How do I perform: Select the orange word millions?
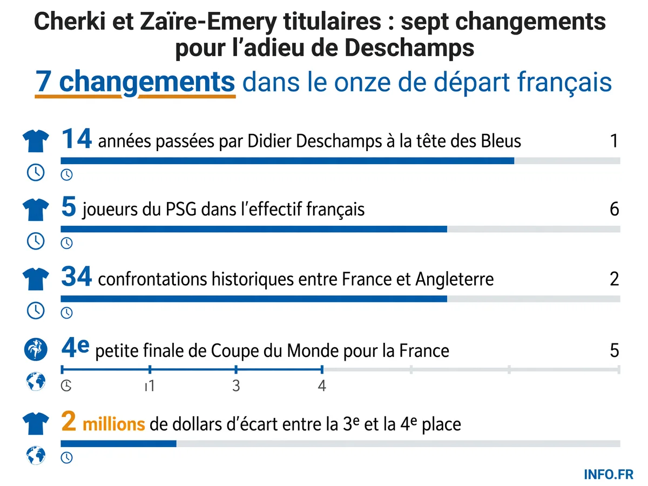pyautogui.click(x=113, y=424)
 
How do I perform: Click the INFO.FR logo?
pyautogui.click(x=609, y=475)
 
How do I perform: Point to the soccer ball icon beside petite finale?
pyautogui.click(x=36, y=349)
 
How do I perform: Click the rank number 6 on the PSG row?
pyautogui.click(x=615, y=209)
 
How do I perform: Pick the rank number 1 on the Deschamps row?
pyautogui.click(x=615, y=141)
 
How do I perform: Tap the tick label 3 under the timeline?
pyautogui.click(x=236, y=386)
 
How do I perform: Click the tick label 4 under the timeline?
pyautogui.click(x=322, y=386)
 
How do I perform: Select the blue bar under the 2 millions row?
pyautogui.click(x=119, y=444)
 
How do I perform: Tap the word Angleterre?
pyautogui.click(x=454, y=279)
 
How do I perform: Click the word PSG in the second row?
pyautogui.click(x=181, y=209)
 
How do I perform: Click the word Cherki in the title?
pyautogui.click(x=70, y=21)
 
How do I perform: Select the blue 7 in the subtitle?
pyautogui.click(x=42, y=82)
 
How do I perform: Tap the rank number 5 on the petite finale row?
pyautogui.click(x=615, y=350)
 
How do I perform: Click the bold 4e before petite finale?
pyautogui.click(x=75, y=348)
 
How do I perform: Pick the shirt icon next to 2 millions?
pyautogui.click(x=36, y=424)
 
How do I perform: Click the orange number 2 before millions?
pyautogui.click(x=69, y=421)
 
